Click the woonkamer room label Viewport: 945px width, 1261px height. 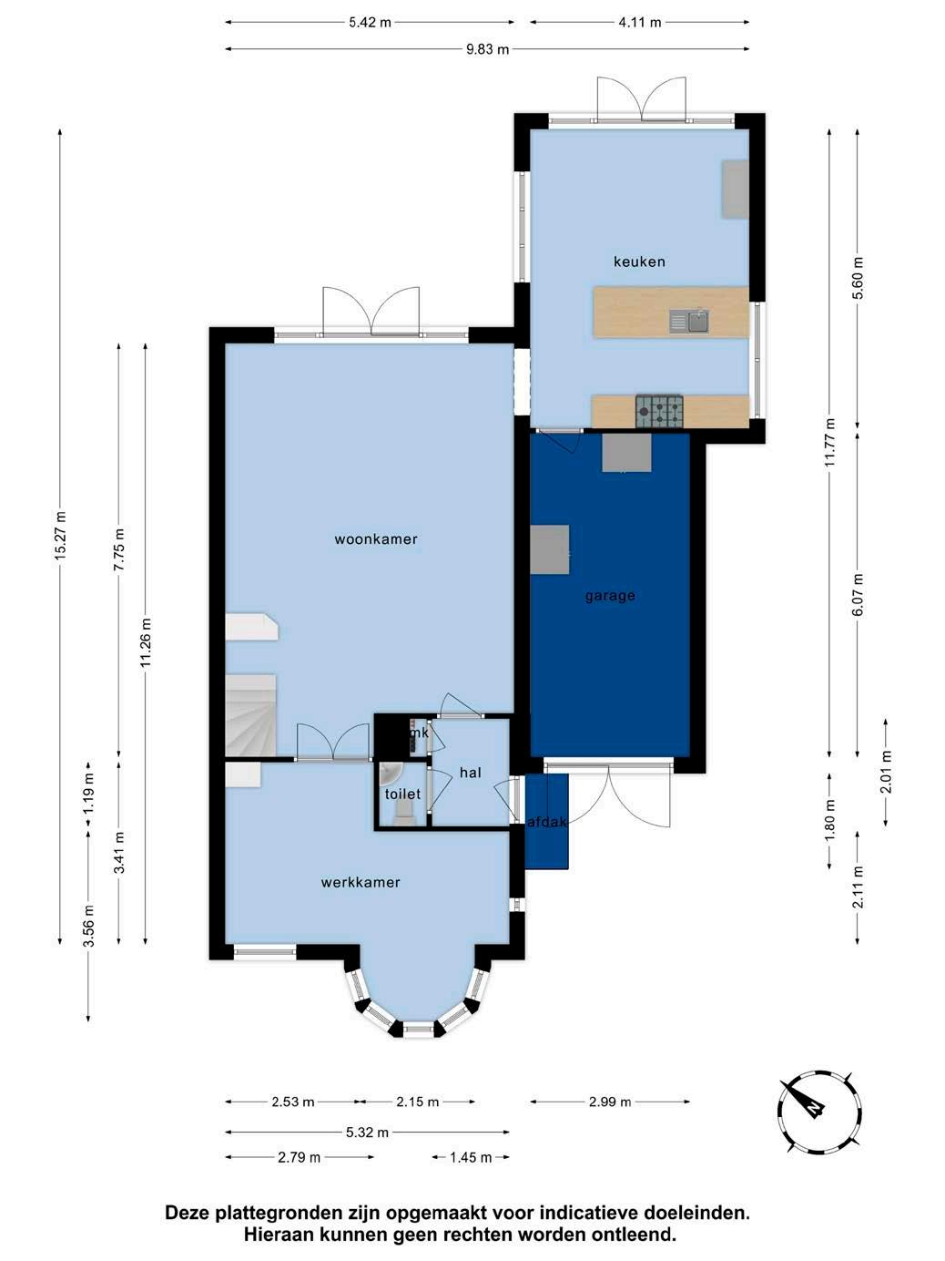click(376, 538)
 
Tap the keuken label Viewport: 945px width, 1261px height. click(639, 261)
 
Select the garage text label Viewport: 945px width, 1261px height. click(610, 596)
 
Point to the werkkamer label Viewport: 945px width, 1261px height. click(361, 882)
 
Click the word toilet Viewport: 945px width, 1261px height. click(402, 794)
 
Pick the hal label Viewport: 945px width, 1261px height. click(471, 773)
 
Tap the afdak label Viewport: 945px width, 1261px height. click(547, 822)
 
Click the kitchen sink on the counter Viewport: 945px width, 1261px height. click(688, 321)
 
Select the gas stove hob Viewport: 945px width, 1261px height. click(659, 411)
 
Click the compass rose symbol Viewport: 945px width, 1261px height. click(819, 1112)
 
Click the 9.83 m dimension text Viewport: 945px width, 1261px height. click(487, 49)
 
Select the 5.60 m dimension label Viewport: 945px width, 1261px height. click(858, 278)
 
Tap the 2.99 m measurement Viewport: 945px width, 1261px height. click(609, 1102)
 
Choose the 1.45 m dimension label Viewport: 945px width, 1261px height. click(471, 1158)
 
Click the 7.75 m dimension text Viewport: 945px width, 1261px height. click(119, 549)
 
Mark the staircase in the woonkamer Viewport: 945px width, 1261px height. click(250, 715)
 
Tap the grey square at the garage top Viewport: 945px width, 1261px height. click(626, 453)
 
